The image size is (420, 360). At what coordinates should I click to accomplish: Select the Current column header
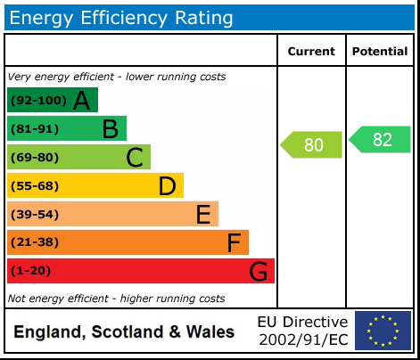pyautogui.click(x=311, y=52)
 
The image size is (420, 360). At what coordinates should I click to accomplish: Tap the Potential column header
pyautogui.click(x=380, y=52)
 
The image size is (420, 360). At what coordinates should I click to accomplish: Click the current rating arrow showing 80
pyautogui.click(x=311, y=144)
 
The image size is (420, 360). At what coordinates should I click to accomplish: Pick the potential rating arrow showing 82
pyautogui.click(x=380, y=140)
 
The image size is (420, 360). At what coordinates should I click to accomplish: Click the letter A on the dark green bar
pyautogui.click(x=81, y=101)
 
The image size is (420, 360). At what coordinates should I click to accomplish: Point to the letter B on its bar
pyautogui.click(x=110, y=129)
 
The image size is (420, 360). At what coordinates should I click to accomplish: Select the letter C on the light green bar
pyautogui.click(x=135, y=158)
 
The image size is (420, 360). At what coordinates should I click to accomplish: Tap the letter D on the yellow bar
pyautogui.click(x=167, y=186)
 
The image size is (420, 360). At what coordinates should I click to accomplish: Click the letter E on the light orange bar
pyautogui.click(x=203, y=215)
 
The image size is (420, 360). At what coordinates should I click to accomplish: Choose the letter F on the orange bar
pyautogui.click(x=234, y=242)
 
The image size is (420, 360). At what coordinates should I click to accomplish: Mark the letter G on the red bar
pyautogui.click(x=259, y=271)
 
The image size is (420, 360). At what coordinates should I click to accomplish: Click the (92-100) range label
pyautogui.click(x=37, y=101)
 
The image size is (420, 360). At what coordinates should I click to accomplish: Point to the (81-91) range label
pyautogui.click(x=35, y=129)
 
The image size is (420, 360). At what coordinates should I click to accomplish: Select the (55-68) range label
pyautogui.click(x=35, y=186)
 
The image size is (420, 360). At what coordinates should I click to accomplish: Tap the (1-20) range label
pyautogui.click(x=32, y=271)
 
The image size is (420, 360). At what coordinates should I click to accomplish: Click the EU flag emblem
pyautogui.click(x=383, y=331)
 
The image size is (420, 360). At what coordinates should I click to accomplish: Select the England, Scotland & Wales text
pyautogui.click(x=124, y=332)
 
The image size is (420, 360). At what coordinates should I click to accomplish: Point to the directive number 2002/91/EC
pyautogui.click(x=302, y=340)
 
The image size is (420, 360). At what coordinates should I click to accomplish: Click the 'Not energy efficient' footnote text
pyautogui.click(x=116, y=298)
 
